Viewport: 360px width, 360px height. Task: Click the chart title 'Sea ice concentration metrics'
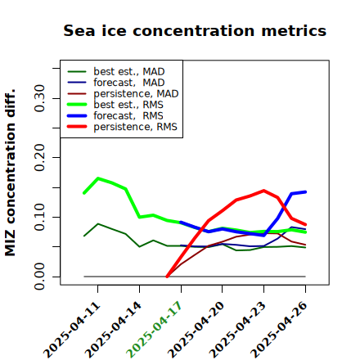(x=195, y=30)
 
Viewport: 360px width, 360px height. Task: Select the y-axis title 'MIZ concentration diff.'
(x=10, y=173)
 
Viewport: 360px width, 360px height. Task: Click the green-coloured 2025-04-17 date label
(x=154, y=330)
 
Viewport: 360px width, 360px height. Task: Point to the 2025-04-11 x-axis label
(x=71, y=330)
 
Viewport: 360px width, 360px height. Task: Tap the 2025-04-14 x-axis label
(x=113, y=330)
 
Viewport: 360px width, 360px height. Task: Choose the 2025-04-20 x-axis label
(x=196, y=330)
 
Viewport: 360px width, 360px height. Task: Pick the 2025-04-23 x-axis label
(x=237, y=330)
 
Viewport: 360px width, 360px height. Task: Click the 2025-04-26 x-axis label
(x=279, y=330)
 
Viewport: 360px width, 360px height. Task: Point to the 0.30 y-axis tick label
(x=39, y=98)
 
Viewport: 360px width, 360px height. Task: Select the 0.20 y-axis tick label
(x=39, y=158)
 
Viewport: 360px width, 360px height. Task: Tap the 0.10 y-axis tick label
(x=39, y=217)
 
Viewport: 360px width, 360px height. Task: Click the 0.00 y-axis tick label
(x=39, y=277)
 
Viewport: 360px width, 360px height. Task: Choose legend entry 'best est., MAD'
(x=116, y=71)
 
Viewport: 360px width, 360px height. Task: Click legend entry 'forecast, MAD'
(x=116, y=83)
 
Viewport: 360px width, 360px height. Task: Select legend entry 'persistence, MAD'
(x=123, y=93)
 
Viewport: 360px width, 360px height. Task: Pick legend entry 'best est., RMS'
(x=115, y=105)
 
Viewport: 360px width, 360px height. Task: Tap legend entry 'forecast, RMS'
(x=115, y=115)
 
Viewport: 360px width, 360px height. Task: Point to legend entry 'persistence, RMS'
(x=122, y=127)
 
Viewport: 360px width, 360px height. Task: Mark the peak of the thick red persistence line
(x=263, y=191)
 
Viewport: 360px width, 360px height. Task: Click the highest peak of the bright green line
(x=98, y=178)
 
